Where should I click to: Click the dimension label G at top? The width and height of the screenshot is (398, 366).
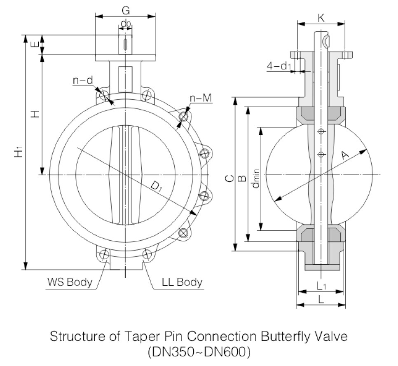pos(126,10)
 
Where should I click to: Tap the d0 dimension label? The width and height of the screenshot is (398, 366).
pos(126,24)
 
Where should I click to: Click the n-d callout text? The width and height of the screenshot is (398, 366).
pos(83,80)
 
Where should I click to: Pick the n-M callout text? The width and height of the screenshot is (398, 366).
pos(201,98)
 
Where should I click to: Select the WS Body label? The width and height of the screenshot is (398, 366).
pos(70,282)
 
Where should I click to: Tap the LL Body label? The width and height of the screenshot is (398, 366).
pos(182,282)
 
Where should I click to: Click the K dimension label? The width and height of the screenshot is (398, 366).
pos(321,18)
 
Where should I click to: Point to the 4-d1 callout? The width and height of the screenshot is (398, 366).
pos(279,66)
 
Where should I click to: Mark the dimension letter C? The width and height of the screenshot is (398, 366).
pos(229,178)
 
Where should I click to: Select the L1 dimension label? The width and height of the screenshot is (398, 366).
pos(321,286)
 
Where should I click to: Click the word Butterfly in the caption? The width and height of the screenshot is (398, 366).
pos(285,337)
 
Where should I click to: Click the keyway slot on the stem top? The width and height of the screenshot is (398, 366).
pos(125,45)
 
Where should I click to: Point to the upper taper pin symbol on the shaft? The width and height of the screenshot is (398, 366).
pos(321,131)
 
